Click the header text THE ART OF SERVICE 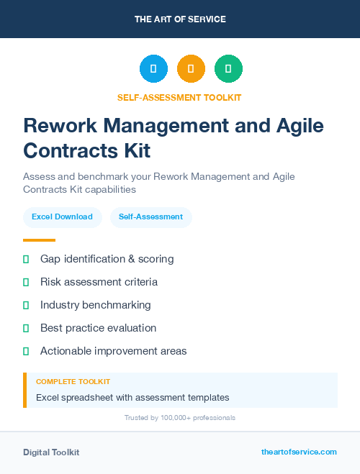[x=180, y=19]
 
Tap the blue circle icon [x=153, y=69]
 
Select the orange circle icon [x=191, y=69]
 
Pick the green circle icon [x=228, y=69]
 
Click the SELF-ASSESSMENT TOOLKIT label [x=179, y=97]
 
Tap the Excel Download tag [x=62, y=217]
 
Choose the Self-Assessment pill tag [x=150, y=217]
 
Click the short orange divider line [x=39, y=240]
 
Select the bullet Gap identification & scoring [x=107, y=259]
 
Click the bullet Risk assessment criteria [x=99, y=282]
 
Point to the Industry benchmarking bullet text [x=95, y=305]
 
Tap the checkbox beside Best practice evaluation [x=26, y=328]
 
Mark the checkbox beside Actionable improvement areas [x=26, y=351]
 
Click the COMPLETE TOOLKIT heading [x=73, y=382]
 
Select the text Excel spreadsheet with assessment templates [x=132, y=397]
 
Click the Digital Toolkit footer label [x=51, y=452]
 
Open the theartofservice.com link [x=299, y=452]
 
